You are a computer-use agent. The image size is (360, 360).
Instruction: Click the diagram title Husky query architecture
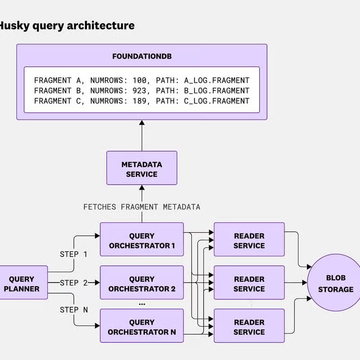coord(67,25)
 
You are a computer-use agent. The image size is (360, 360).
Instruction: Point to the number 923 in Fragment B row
coord(140,90)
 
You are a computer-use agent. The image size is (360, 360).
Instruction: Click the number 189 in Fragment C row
coord(140,101)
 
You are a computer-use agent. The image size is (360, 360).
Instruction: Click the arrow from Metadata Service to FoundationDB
coord(142,135)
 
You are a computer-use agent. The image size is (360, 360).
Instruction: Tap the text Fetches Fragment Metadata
coord(142,207)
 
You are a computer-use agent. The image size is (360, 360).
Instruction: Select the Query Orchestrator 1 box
coord(142,241)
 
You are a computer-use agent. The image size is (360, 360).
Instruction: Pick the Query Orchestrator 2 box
coord(142,284)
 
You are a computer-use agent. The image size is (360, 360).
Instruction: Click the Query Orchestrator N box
coord(142,327)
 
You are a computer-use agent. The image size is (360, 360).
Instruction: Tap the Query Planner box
coord(22,284)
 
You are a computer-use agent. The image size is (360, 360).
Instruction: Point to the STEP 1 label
coord(73,254)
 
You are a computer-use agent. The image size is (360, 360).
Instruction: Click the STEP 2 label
coord(73,283)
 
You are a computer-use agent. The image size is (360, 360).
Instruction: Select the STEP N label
coord(73,310)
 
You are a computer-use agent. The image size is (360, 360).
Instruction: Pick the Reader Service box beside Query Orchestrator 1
coord(249,241)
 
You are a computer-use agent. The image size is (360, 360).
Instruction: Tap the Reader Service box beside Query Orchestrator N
coord(249,327)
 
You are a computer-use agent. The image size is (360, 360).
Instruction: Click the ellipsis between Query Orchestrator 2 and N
coord(142,305)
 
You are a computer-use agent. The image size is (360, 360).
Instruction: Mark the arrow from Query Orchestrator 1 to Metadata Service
coord(142,215)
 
